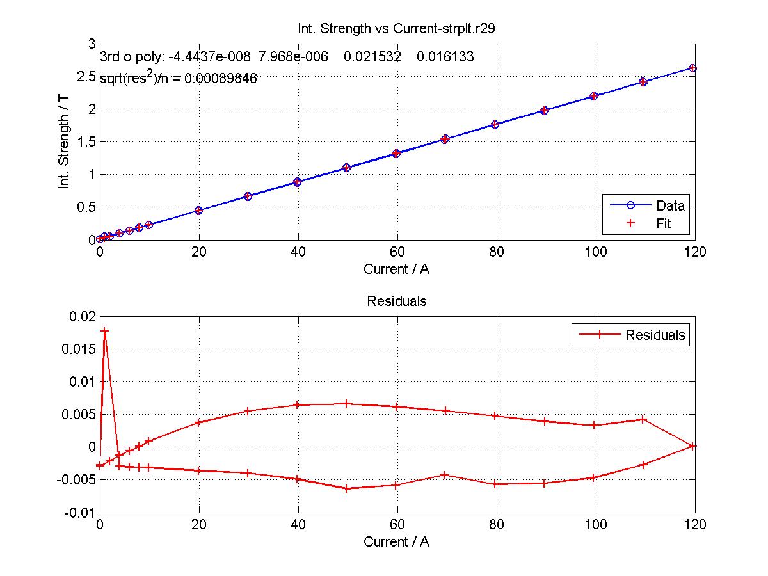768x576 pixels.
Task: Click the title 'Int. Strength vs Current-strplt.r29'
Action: click(396, 29)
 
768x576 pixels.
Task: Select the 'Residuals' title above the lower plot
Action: click(396, 301)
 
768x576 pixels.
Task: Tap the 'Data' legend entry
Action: click(669, 205)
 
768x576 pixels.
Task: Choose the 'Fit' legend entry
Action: click(663, 223)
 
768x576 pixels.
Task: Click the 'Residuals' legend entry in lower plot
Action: click(655, 334)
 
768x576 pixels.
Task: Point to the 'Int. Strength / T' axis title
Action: click(64, 141)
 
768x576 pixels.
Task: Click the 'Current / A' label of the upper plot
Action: click(396, 269)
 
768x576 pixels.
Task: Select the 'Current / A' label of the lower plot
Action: click(396, 541)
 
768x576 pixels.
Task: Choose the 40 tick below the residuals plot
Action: click(298, 524)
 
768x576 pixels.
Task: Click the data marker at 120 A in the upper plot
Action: click(692, 68)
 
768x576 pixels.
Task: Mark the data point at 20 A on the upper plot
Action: click(198, 210)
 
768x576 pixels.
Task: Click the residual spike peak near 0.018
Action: click(105, 330)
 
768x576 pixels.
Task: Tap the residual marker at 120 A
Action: click(692, 446)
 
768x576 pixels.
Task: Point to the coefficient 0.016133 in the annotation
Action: click(445, 57)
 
